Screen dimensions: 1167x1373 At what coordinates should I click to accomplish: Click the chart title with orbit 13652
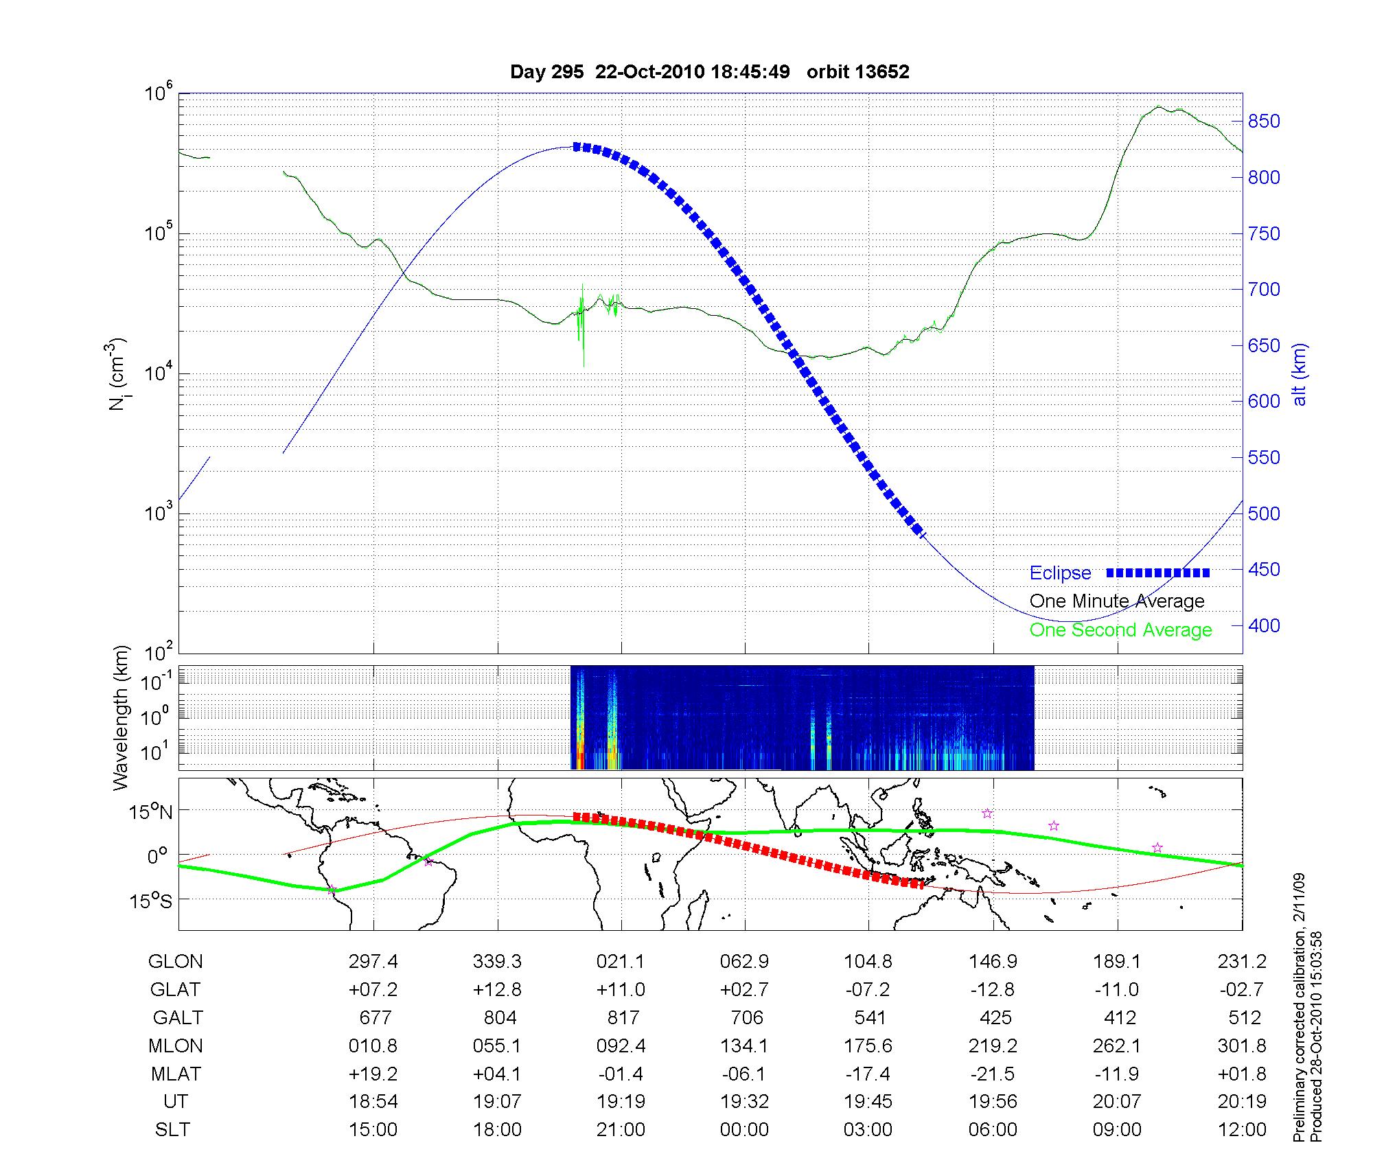(x=709, y=72)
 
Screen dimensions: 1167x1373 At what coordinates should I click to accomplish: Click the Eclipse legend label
(x=1060, y=573)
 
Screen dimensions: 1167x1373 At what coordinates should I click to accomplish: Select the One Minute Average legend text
(x=1117, y=601)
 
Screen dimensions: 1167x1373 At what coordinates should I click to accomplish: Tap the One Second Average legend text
(x=1120, y=630)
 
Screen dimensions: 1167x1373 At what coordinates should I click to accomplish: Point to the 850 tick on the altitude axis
(x=1264, y=122)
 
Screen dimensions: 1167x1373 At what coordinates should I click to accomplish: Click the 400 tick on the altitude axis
(x=1264, y=625)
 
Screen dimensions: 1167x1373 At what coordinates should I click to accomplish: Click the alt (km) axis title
(x=1300, y=374)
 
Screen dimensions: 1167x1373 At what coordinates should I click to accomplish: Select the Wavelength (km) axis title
(x=122, y=717)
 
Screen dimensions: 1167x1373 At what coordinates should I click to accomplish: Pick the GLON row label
(x=175, y=962)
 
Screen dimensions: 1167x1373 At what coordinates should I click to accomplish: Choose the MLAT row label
(x=175, y=1074)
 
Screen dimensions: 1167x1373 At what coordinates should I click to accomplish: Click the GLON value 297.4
(x=373, y=962)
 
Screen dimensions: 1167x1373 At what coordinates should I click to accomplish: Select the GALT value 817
(x=623, y=1017)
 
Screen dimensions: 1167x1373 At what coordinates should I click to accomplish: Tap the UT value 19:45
(x=868, y=1102)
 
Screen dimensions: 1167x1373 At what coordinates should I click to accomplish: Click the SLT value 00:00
(x=744, y=1130)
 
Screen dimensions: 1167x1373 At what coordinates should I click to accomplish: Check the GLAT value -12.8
(x=993, y=990)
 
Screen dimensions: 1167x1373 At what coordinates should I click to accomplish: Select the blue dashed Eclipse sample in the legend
(x=1158, y=573)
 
